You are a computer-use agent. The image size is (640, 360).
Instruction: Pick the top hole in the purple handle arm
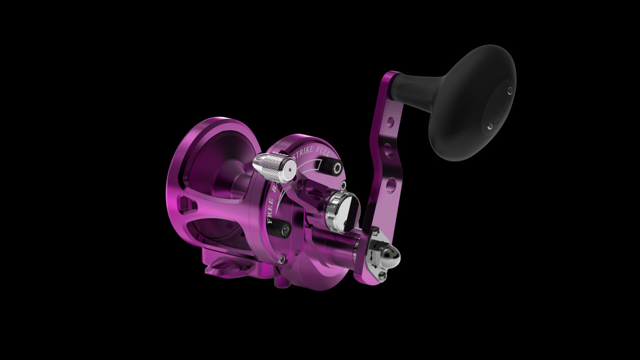392,122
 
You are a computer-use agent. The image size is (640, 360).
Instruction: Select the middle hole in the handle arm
389,151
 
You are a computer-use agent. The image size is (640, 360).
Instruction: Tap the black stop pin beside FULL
337,169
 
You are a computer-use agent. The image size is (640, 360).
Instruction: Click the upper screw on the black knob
510,91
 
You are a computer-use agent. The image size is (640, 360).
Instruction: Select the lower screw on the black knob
490,125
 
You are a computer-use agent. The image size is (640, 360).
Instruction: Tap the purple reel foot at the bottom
226,267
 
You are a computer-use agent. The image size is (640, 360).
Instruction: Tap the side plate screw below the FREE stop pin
280,260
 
